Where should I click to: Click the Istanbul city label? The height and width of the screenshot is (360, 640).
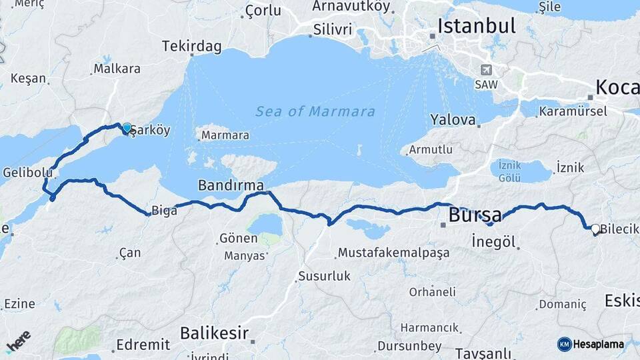476,26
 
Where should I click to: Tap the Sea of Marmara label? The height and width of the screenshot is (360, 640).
315,111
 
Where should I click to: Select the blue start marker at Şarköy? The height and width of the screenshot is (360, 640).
127,127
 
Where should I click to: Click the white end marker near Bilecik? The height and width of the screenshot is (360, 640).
595,228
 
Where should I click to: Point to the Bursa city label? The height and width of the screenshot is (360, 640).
475,215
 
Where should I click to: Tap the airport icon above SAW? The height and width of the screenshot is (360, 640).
486,70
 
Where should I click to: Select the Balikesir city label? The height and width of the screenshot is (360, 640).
215,333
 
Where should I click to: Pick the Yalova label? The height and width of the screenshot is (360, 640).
453,120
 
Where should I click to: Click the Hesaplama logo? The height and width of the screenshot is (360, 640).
591,344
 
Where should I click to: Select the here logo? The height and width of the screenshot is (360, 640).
19,341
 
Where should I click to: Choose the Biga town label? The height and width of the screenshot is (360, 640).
165,211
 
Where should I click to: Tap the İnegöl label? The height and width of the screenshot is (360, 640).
494,241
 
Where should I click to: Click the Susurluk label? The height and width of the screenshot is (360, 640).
325,276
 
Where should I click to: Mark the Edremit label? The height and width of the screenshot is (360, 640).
143,345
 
